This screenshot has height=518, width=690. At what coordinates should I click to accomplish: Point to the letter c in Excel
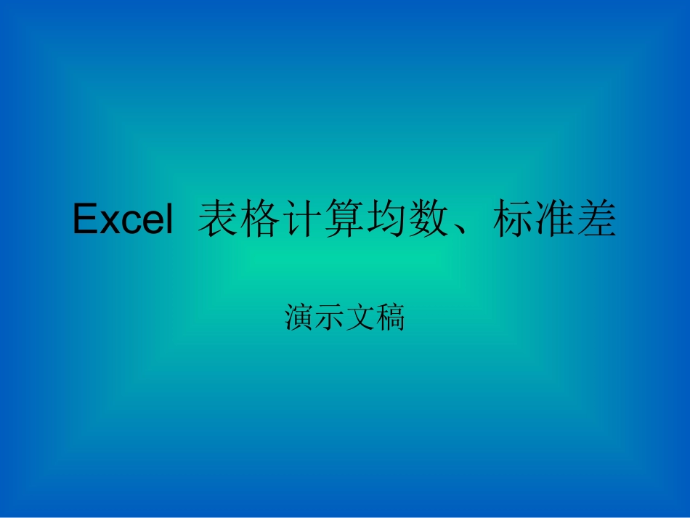point(125,222)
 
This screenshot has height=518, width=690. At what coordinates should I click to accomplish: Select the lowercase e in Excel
point(145,222)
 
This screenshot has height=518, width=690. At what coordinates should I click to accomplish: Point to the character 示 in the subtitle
point(330,317)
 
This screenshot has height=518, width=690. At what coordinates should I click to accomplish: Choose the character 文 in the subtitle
point(360,317)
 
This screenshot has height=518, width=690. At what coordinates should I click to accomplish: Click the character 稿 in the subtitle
point(390,317)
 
